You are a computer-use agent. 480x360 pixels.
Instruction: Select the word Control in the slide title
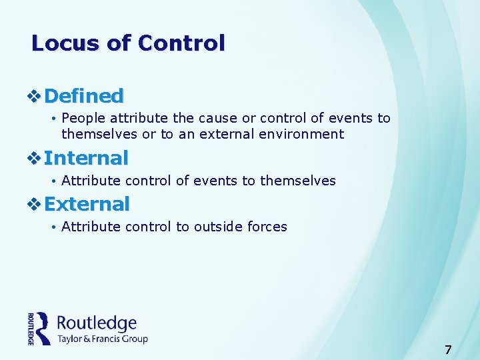(x=181, y=43)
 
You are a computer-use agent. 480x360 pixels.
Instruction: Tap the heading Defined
(x=84, y=96)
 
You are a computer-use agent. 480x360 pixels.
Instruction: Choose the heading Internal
(x=86, y=158)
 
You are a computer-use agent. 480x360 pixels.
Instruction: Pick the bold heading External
(x=87, y=203)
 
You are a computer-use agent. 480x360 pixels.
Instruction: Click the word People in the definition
(x=84, y=119)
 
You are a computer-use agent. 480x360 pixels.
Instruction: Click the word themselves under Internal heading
(x=298, y=181)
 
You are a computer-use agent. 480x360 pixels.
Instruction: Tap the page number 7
(x=448, y=349)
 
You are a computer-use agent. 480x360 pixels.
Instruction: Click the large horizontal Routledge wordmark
(x=97, y=323)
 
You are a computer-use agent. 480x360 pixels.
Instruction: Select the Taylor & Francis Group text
(x=102, y=339)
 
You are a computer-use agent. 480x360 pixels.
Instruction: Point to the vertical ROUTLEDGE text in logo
(x=31, y=329)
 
